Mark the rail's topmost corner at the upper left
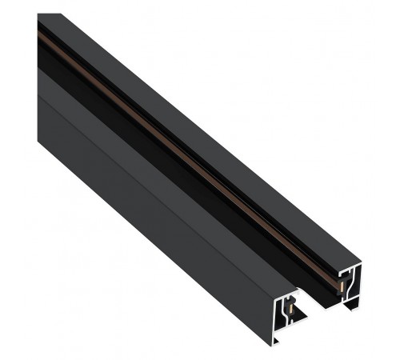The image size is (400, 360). (40, 14)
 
